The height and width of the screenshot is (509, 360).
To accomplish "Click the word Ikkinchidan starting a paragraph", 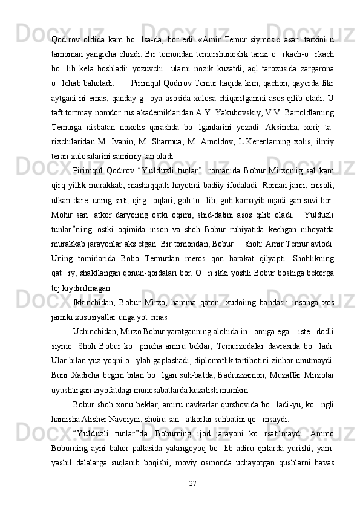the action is (94, 285).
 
